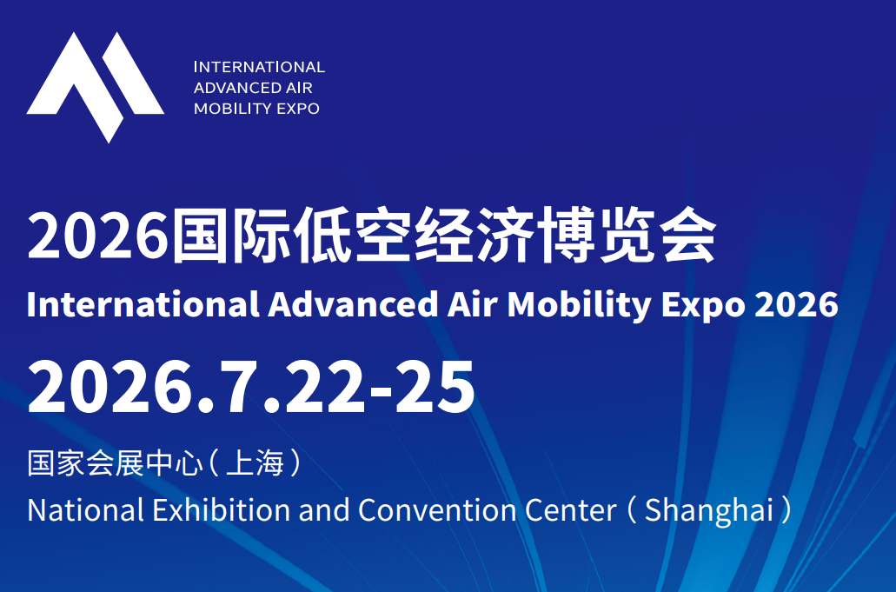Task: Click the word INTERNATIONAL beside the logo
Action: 260,67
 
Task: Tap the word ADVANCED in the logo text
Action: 229,88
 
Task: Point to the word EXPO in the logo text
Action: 298,109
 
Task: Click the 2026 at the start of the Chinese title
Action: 97,236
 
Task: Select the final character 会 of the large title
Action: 687,236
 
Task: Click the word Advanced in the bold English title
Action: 353,304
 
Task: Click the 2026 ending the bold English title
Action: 797,304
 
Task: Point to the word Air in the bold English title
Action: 473,304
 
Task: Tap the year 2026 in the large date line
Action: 110,387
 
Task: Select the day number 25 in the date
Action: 435,387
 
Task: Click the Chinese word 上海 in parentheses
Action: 255,462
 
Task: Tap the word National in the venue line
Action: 86,509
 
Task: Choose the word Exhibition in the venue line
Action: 222,509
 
